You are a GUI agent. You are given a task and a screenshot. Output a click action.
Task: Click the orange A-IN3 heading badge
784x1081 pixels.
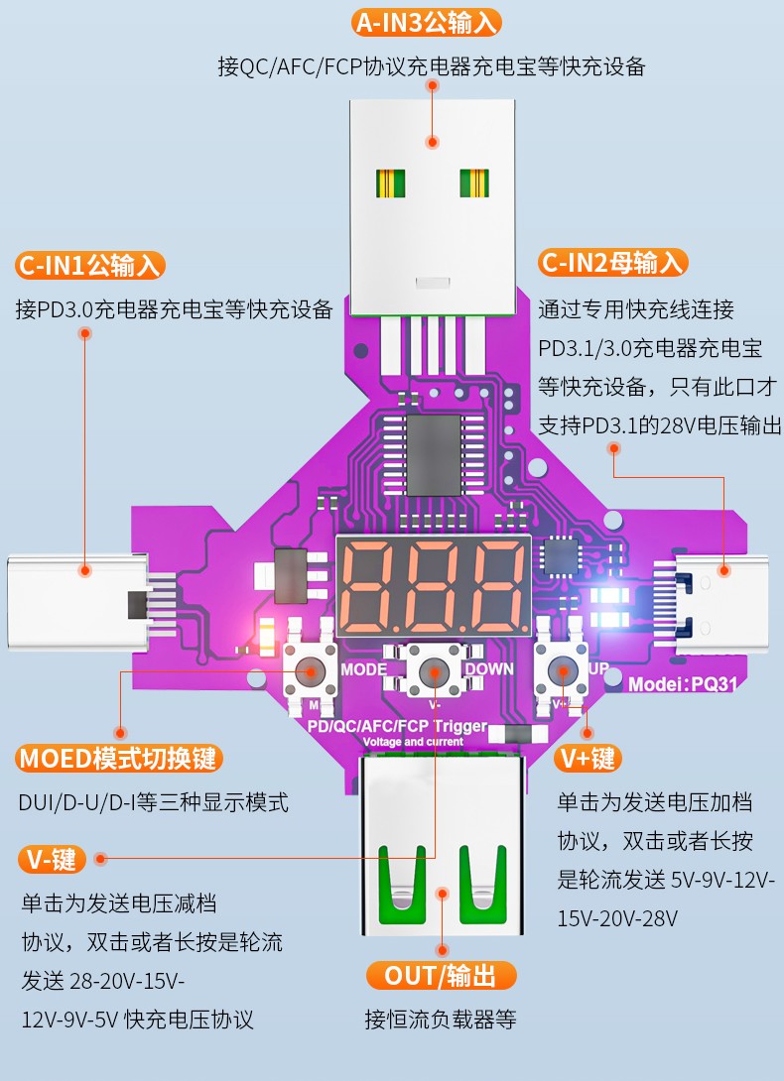[x=426, y=23]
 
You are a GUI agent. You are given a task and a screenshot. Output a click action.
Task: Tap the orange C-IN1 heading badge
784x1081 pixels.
[x=89, y=266]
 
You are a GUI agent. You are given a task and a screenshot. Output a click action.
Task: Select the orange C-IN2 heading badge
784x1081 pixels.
[x=613, y=263]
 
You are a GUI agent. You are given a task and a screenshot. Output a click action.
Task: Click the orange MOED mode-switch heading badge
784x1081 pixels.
[x=119, y=759]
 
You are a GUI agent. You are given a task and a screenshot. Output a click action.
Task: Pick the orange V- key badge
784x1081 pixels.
[x=52, y=860]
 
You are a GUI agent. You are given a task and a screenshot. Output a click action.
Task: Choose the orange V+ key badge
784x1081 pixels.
[x=588, y=759]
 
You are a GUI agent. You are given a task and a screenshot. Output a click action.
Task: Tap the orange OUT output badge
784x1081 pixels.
[x=441, y=976]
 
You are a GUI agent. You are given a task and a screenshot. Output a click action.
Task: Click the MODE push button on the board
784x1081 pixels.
[x=310, y=670]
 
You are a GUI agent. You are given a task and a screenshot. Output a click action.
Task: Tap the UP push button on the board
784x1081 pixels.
[x=562, y=670]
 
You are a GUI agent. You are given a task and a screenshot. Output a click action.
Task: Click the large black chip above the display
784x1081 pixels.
[x=434, y=455]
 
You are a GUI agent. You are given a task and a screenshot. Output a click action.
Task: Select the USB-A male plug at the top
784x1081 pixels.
[x=433, y=207]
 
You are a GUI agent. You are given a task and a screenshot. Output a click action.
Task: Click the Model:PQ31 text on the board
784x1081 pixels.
[x=683, y=684]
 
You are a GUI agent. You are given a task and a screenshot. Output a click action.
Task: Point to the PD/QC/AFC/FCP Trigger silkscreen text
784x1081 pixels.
[x=398, y=726]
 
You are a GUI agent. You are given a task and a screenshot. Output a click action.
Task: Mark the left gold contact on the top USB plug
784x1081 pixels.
[x=390, y=183]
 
